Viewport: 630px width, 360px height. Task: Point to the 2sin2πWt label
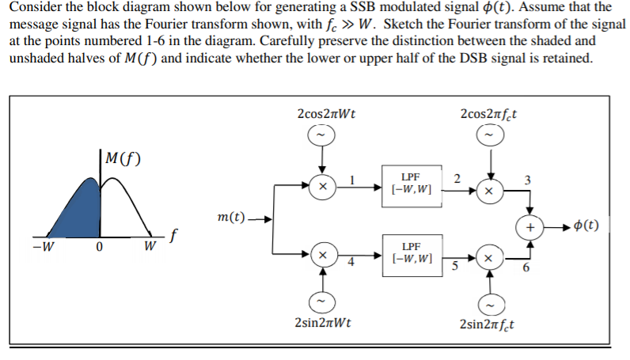(x=322, y=324)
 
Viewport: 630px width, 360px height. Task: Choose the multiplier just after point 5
(x=490, y=260)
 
